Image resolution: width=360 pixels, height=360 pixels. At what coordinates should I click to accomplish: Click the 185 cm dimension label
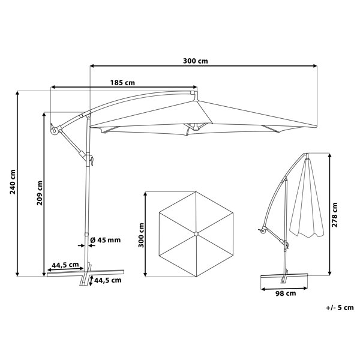point(122,82)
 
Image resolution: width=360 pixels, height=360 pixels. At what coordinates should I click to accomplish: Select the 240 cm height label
point(13,182)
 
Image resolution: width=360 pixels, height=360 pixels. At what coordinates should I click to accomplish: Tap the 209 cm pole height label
point(40,193)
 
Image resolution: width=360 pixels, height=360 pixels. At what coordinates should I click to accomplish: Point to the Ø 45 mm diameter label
point(106,240)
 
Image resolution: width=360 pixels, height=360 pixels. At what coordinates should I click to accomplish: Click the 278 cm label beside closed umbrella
point(335,215)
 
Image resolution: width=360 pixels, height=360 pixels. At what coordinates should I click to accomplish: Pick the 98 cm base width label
point(286,293)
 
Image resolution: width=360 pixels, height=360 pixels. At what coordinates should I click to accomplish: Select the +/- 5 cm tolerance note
point(340,307)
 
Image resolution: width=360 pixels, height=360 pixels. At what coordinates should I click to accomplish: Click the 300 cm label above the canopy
point(196,61)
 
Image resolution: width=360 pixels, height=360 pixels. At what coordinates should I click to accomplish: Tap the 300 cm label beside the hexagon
point(141,235)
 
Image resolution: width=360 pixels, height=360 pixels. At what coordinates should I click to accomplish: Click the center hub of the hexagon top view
point(196,234)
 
